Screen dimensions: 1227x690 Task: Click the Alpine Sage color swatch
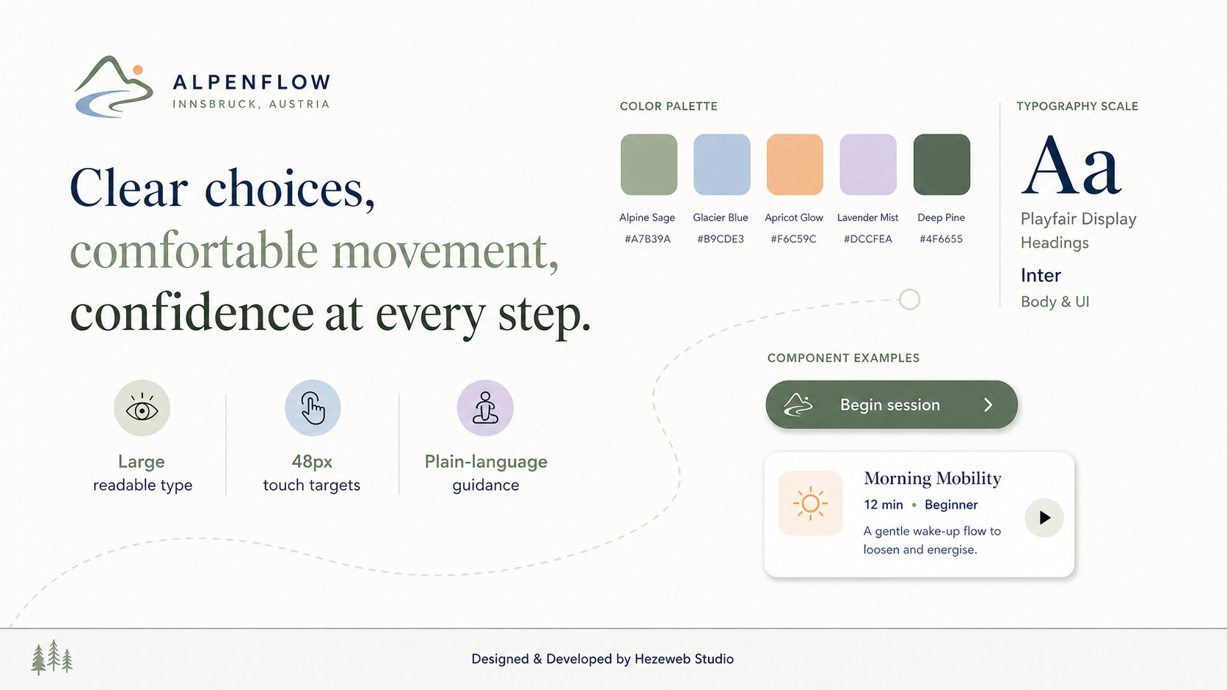point(649,164)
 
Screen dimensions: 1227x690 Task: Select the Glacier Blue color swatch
point(721,164)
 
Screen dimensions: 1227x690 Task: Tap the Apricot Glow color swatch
point(794,164)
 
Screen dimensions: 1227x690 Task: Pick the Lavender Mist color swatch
point(867,164)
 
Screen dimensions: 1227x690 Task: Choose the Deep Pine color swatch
point(942,164)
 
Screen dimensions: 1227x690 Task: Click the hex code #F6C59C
point(793,239)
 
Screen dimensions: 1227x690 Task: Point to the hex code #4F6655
point(941,239)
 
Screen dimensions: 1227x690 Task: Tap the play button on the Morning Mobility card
point(1044,518)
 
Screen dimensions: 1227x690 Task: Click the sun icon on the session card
point(810,504)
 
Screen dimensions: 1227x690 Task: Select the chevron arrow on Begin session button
point(988,405)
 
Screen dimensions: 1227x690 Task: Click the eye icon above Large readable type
point(142,408)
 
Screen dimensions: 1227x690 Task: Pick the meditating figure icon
point(485,408)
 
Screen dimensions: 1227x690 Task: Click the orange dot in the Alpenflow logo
point(138,70)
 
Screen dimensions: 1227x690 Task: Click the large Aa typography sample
point(1071,165)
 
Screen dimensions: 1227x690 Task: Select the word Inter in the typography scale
point(1041,275)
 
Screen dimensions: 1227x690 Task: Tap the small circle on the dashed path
point(909,299)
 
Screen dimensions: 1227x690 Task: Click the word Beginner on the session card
point(951,504)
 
